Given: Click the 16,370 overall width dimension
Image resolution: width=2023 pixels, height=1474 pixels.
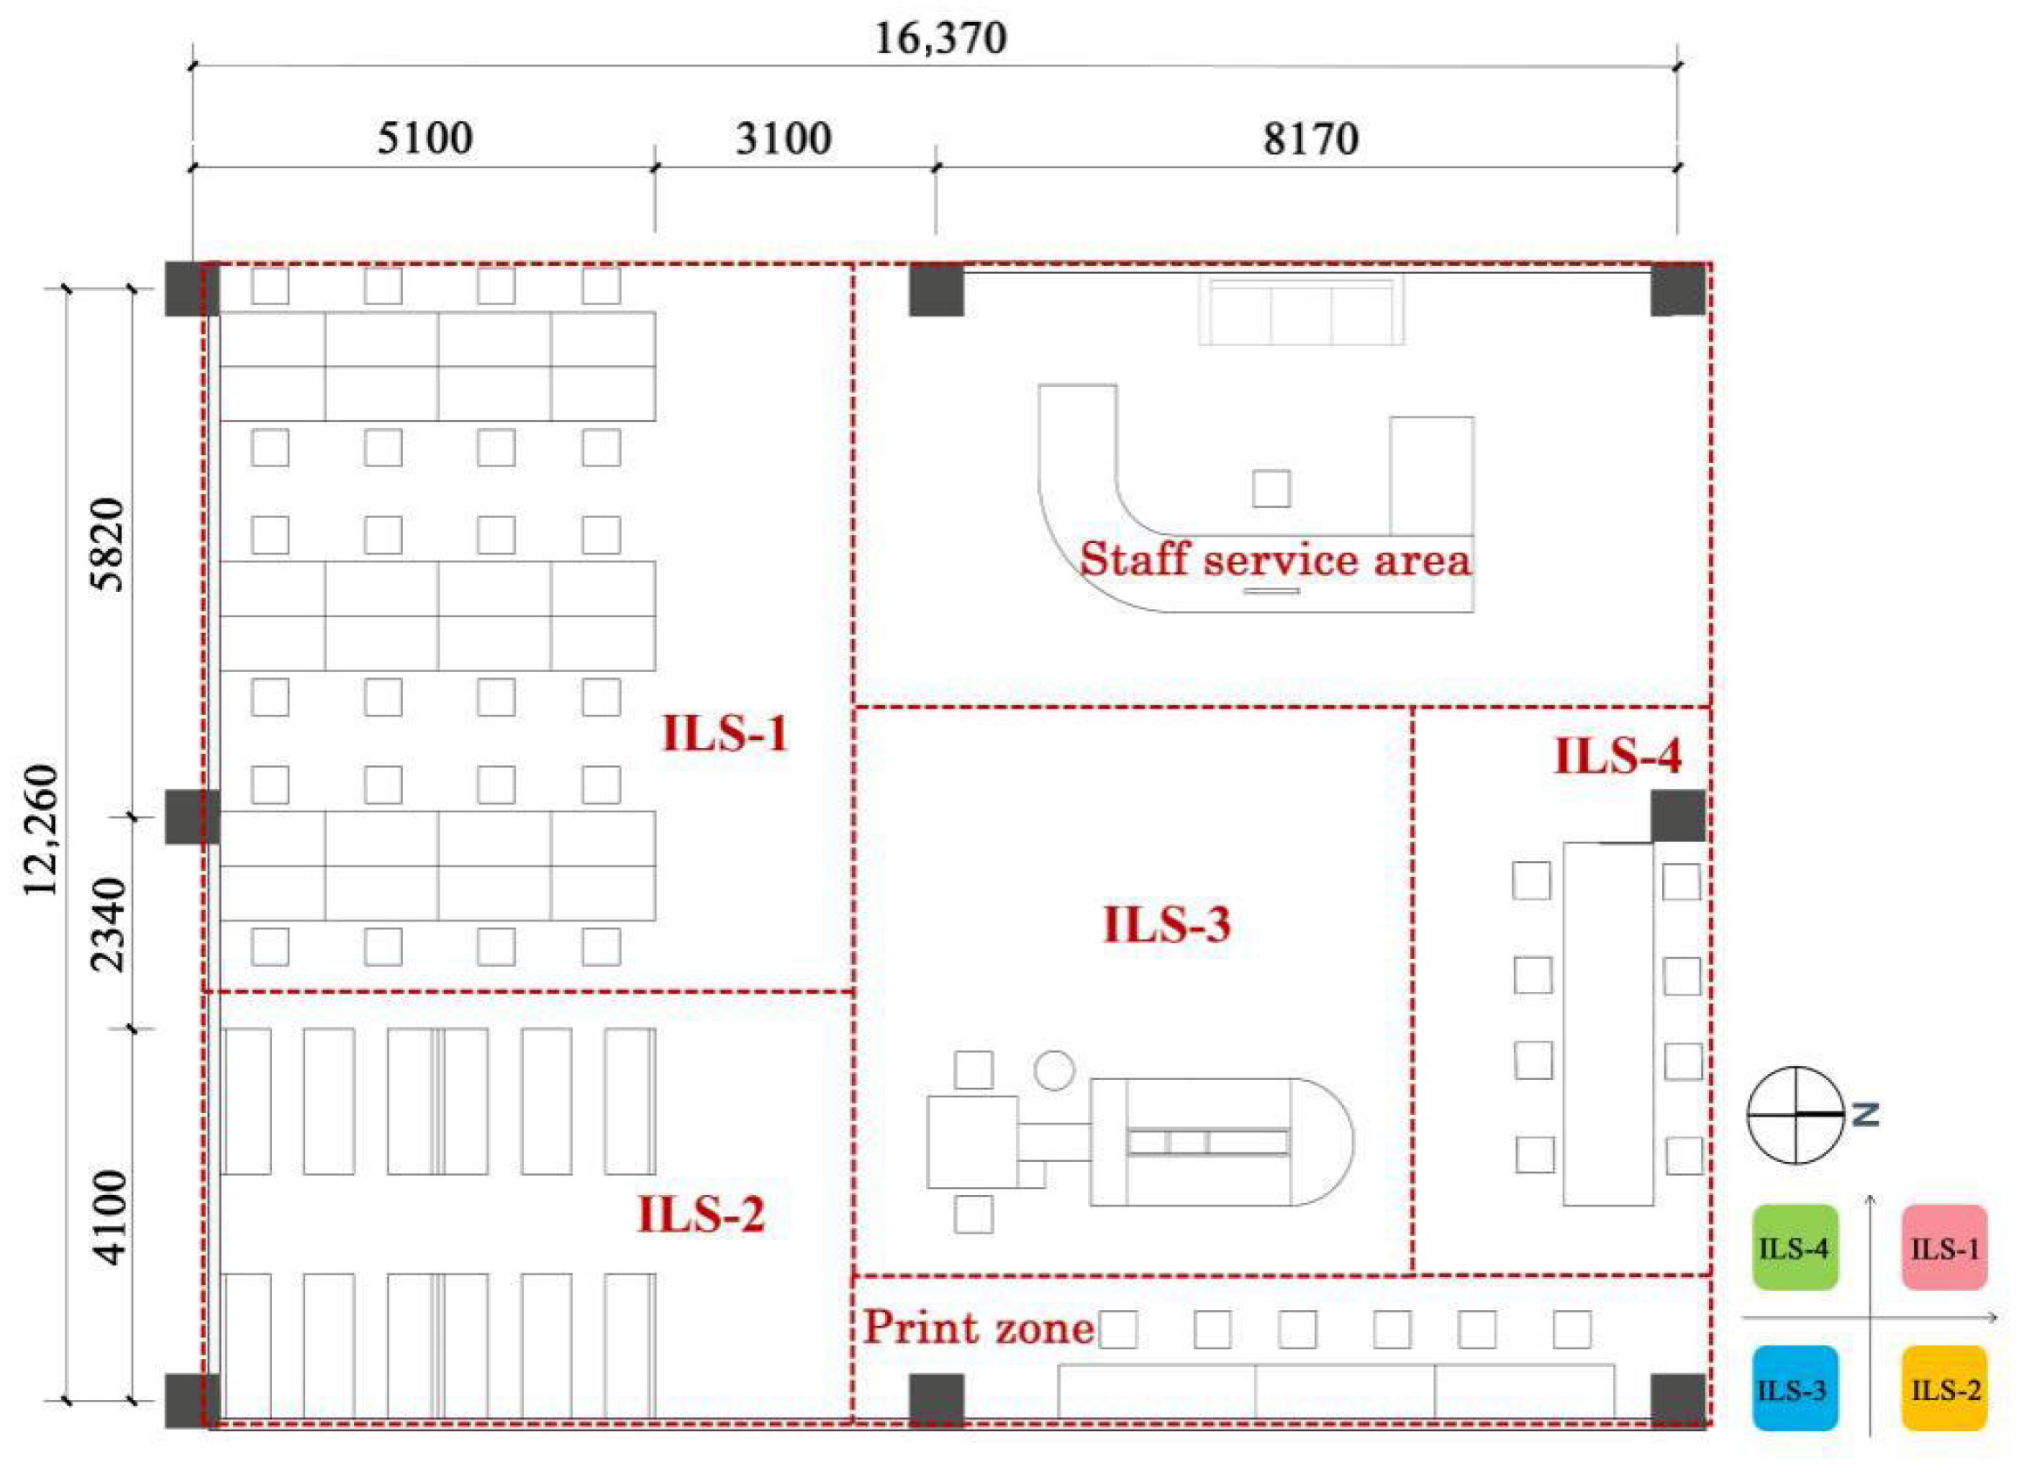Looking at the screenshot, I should [941, 39].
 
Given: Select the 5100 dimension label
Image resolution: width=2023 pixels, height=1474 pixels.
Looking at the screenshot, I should [425, 139].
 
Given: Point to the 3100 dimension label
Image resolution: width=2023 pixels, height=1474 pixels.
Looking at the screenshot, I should [784, 139].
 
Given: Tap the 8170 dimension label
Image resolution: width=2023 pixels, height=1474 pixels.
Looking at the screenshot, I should [1310, 139].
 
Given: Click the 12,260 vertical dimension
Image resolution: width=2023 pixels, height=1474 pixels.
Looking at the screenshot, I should [41, 830].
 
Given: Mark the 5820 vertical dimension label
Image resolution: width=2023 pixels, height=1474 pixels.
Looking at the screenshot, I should [111, 544].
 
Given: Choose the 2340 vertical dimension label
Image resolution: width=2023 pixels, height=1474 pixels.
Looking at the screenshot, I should [111, 923].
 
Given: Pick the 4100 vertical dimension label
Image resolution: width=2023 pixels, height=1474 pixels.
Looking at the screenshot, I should [111, 1218].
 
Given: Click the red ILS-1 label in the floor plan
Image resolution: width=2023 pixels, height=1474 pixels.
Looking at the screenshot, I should [725, 734].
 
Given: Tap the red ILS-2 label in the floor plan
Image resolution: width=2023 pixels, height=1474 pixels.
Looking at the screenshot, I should [700, 1215].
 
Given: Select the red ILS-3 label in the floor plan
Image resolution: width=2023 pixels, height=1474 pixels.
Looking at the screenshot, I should [1167, 924].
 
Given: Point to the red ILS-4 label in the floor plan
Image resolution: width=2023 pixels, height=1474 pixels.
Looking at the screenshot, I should [1617, 757].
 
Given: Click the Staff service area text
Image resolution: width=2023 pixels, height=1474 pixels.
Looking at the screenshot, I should [1275, 560].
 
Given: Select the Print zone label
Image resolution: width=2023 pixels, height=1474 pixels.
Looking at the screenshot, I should [979, 1328].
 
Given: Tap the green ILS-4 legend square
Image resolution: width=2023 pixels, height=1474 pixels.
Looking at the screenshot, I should [1795, 1247].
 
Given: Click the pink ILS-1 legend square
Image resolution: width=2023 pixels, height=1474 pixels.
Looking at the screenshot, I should [1945, 1247].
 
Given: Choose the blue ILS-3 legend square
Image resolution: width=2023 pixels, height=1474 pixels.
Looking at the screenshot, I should [1795, 1389].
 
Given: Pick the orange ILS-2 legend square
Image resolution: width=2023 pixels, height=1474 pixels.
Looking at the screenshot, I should [1945, 1389].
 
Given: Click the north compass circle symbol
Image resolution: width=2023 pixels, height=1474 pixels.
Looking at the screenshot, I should [1795, 1114].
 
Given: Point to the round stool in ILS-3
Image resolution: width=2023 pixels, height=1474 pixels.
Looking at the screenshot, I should [1054, 1070].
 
